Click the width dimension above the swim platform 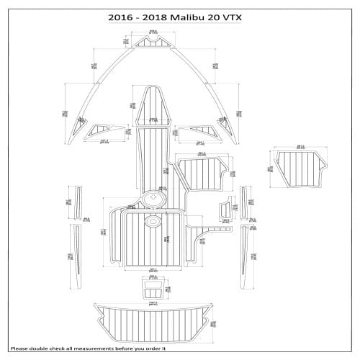click(152, 300)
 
